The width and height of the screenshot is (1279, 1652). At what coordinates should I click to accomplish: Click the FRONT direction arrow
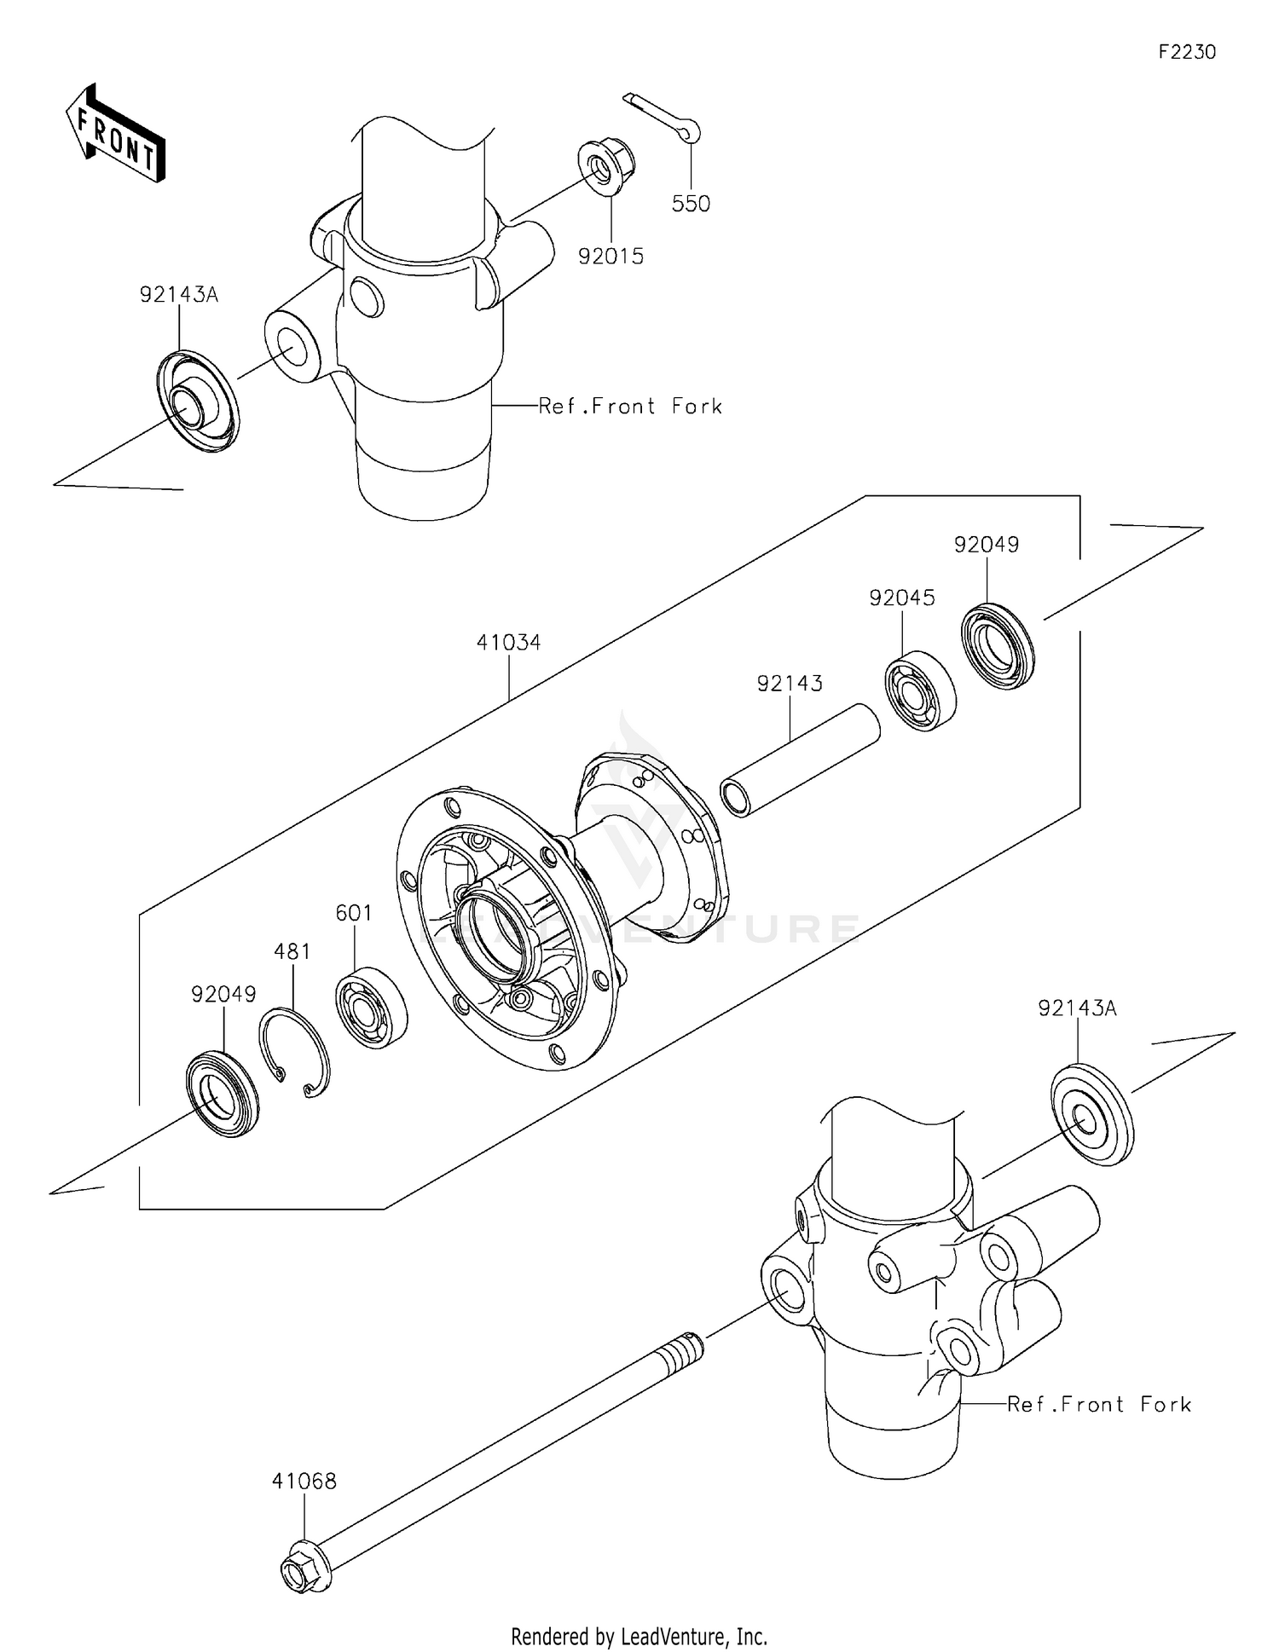point(116,135)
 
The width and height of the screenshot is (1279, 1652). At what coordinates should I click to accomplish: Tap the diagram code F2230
point(1186,52)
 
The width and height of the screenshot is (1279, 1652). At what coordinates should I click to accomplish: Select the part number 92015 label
point(611,256)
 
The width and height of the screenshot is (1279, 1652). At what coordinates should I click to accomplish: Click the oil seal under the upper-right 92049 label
point(997,645)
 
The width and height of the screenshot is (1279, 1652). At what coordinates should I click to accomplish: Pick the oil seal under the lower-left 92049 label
point(223,1095)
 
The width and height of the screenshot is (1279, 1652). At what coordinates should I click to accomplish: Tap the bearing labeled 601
point(371,1008)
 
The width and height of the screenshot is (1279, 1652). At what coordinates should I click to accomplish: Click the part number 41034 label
point(508,642)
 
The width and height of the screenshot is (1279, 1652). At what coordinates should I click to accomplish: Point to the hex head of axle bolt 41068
point(302,1575)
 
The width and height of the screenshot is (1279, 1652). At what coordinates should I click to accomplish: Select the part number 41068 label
point(304,1482)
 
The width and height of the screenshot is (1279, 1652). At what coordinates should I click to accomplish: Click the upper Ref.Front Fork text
point(630,407)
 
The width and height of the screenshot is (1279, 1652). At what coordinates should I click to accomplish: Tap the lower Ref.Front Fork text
point(1098,1404)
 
